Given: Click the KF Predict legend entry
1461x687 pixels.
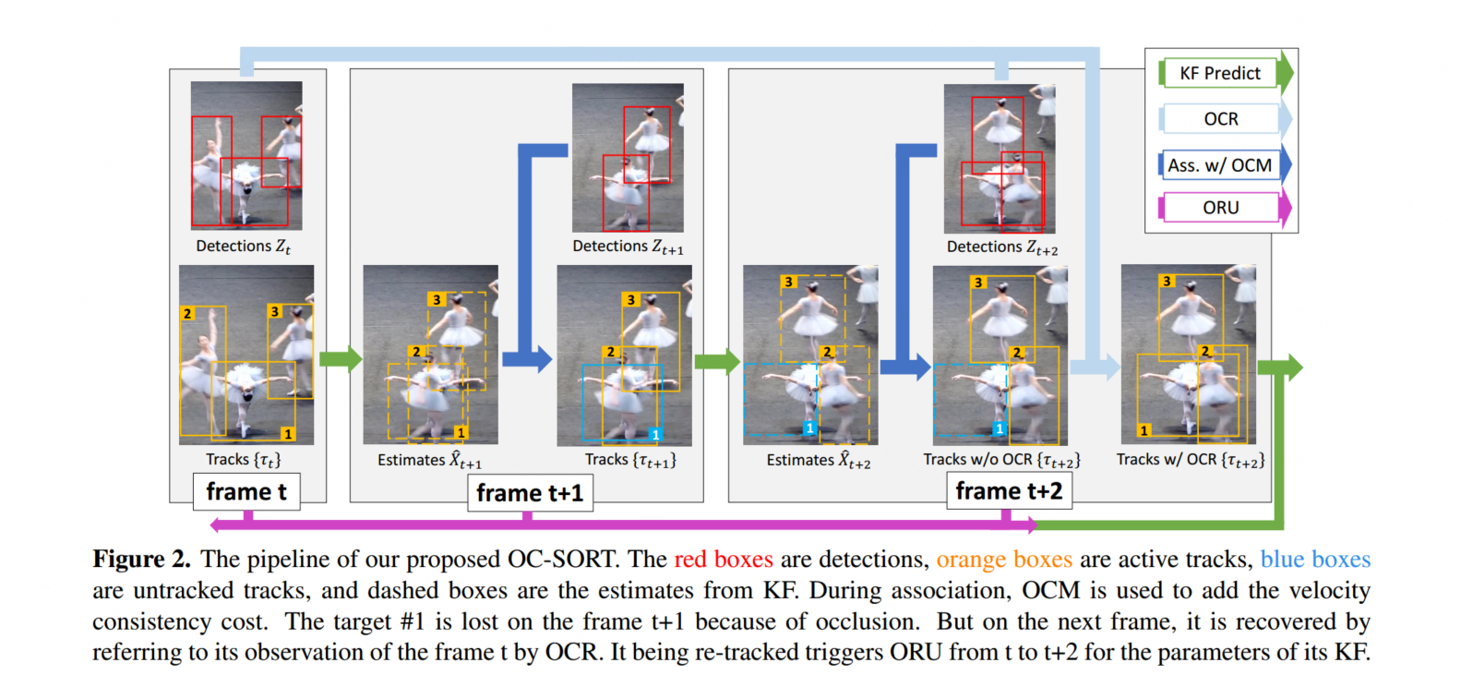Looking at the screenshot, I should (1219, 73).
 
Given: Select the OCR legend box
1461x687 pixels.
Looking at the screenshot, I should (1220, 119).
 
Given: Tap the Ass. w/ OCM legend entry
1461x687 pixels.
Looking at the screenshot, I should (1219, 165).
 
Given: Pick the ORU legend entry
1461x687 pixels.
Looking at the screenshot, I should (1220, 208).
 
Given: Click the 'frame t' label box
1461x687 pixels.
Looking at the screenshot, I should (246, 492).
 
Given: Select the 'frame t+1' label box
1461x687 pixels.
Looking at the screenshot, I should (530, 493).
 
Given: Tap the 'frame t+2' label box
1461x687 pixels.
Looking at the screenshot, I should (1009, 491).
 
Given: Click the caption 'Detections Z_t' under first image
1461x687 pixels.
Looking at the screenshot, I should (243, 247).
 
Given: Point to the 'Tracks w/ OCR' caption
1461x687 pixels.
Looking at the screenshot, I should (1190, 460).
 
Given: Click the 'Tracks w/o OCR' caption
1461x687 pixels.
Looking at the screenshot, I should (1001, 460).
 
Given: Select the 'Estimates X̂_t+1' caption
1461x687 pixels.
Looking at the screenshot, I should (429, 460).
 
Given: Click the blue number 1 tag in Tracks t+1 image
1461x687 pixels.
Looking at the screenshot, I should (654, 434).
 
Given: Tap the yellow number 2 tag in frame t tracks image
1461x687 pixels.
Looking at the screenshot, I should (187, 314).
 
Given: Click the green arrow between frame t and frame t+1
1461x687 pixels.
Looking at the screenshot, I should (340, 358).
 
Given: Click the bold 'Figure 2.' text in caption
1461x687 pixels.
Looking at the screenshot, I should (141, 560).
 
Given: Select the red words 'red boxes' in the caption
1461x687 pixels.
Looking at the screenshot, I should (723, 560).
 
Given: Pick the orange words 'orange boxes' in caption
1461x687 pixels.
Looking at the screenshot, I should (1003, 560).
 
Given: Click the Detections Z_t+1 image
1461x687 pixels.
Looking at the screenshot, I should (628, 158).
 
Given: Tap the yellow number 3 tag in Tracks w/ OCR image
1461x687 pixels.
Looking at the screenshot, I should (1167, 281).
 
